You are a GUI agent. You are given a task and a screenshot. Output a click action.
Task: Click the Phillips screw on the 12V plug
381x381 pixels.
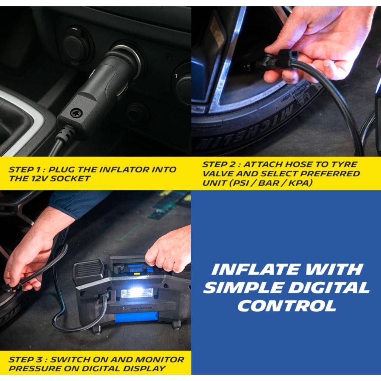point(76,112)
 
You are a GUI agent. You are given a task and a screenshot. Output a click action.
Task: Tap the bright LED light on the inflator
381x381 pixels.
point(137,293)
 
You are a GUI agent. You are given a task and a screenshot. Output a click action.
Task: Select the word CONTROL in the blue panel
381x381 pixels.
point(287,306)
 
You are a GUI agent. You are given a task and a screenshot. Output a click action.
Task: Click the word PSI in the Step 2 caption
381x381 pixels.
point(241,183)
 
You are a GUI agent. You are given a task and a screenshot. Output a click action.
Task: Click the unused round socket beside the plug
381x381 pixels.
point(75,42)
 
